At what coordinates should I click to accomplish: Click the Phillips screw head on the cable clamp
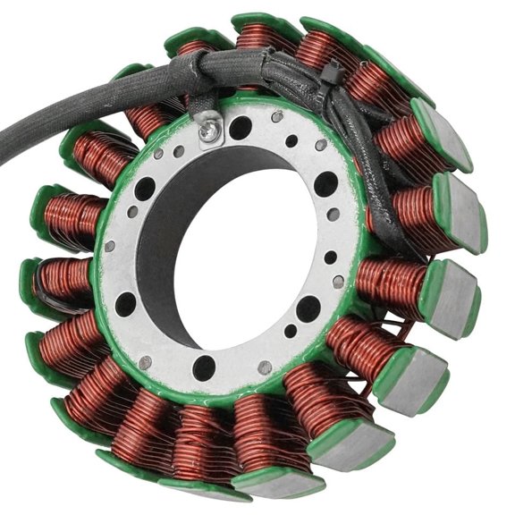coord(208,131)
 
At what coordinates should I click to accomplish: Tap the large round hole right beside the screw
coord(240,127)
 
